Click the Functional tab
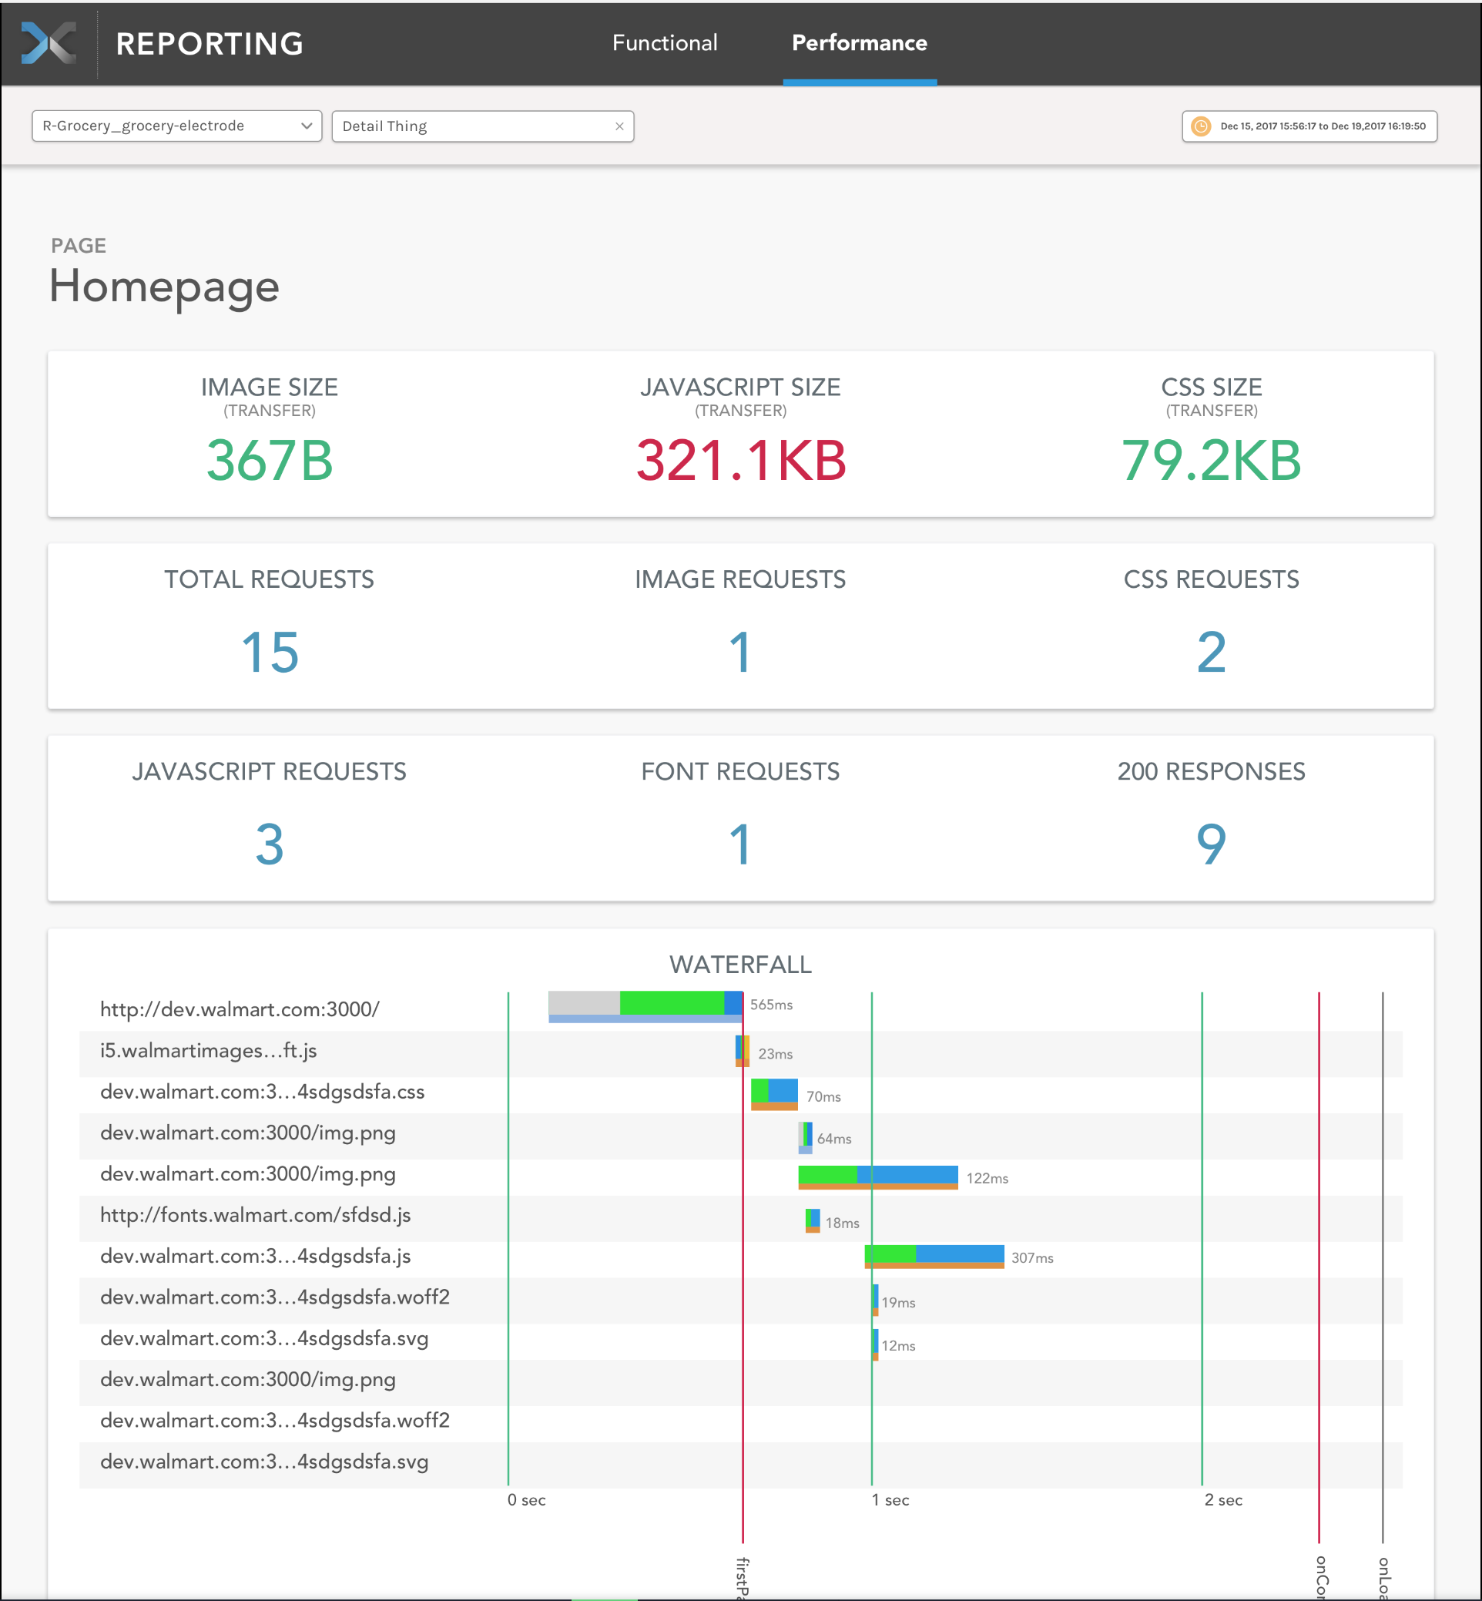click(664, 43)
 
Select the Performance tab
click(859, 43)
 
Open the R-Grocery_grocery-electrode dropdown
click(176, 126)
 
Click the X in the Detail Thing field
click(619, 126)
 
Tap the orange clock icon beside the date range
click(1201, 126)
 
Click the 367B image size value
click(270, 461)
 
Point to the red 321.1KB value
click(740, 461)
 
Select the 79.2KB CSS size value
click(1211, 461)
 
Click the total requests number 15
click(270, 652)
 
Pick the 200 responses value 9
click(1211, 844)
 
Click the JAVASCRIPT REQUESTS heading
click(270, 772)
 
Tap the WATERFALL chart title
click(740, 964)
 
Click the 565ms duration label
click(771, 1005)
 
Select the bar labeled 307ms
click(934, 1255)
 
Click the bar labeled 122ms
click(878, 1176)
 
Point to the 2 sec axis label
click(1223, 1500)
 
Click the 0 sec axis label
click(526, 1500)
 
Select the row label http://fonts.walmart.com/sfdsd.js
click(255, 1215)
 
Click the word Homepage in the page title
click(164, 287)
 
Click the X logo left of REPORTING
click(48, 43)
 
